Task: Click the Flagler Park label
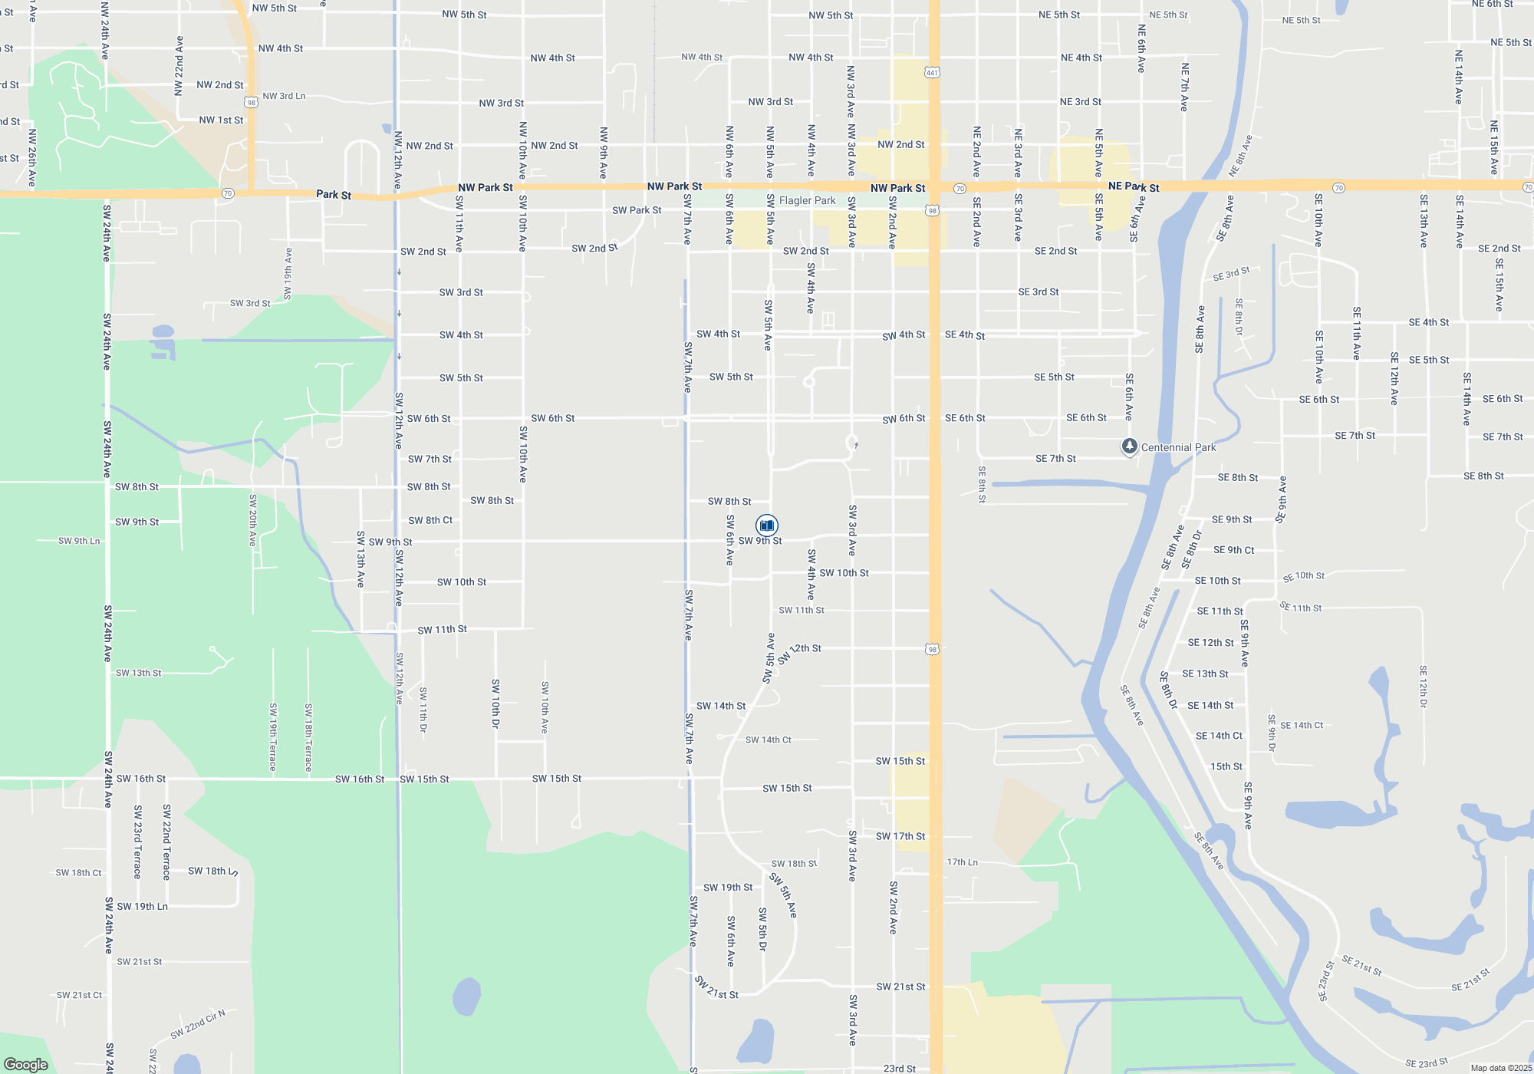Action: point(807,200)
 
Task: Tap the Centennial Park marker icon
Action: point(1129,446)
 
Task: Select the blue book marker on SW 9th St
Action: point(766,525)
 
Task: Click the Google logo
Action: point(26,1065)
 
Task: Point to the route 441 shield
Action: point(932,73)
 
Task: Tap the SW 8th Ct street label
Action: point(430,520)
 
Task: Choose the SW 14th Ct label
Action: point(769,740)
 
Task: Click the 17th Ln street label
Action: point(962,862)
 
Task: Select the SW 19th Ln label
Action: point(142,906)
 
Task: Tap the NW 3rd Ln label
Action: point(284,96)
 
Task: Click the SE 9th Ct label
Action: point(1233,550)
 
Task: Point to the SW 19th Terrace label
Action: point(273,736)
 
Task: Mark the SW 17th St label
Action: point(900,836)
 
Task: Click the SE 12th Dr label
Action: point(1423,687)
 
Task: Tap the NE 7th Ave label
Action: point(1185,87)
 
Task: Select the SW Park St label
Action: point(637,210)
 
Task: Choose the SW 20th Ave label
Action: point(252,520)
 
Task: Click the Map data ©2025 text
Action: point(1500,1068)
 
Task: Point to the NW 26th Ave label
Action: point(32,157)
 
